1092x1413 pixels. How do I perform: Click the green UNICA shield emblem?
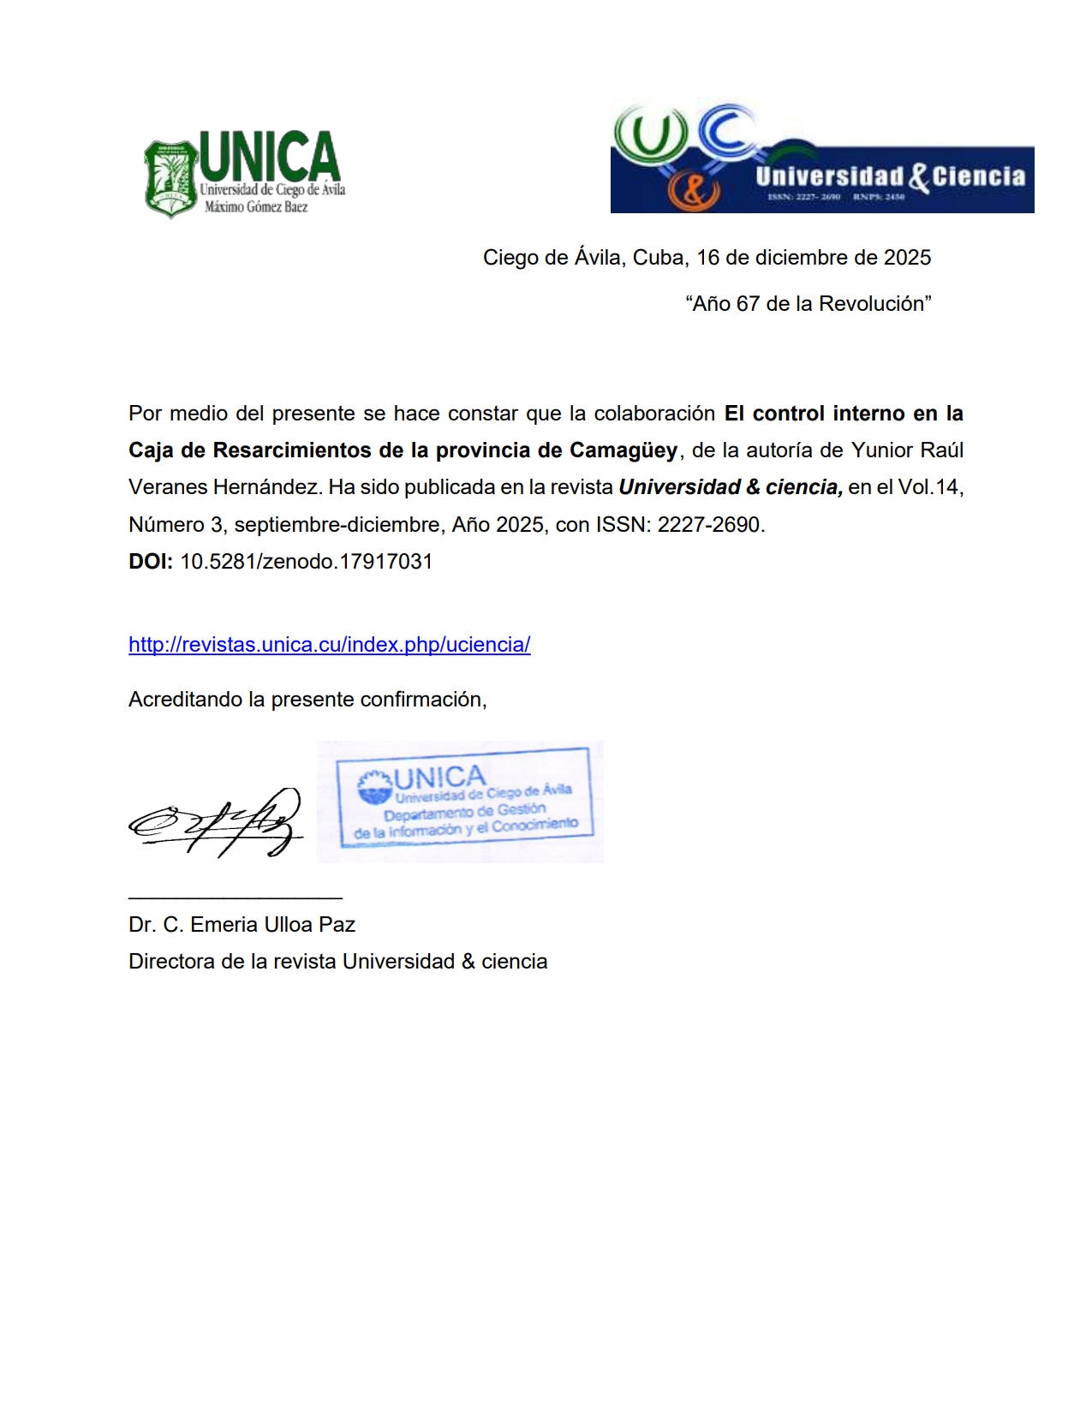pos(170,179)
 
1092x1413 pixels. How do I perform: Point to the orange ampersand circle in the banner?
pos(692,190)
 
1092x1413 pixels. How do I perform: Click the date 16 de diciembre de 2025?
pos(813,258)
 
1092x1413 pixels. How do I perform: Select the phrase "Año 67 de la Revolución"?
pos(808,304)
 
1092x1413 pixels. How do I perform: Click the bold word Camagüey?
pos(624,450)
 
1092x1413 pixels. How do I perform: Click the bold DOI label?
pos(151,562)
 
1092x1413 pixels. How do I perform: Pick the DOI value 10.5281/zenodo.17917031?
pos(306,562)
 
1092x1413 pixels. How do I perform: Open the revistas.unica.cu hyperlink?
pos(329,645)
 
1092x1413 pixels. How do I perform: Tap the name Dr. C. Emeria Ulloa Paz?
pos(242,925)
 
